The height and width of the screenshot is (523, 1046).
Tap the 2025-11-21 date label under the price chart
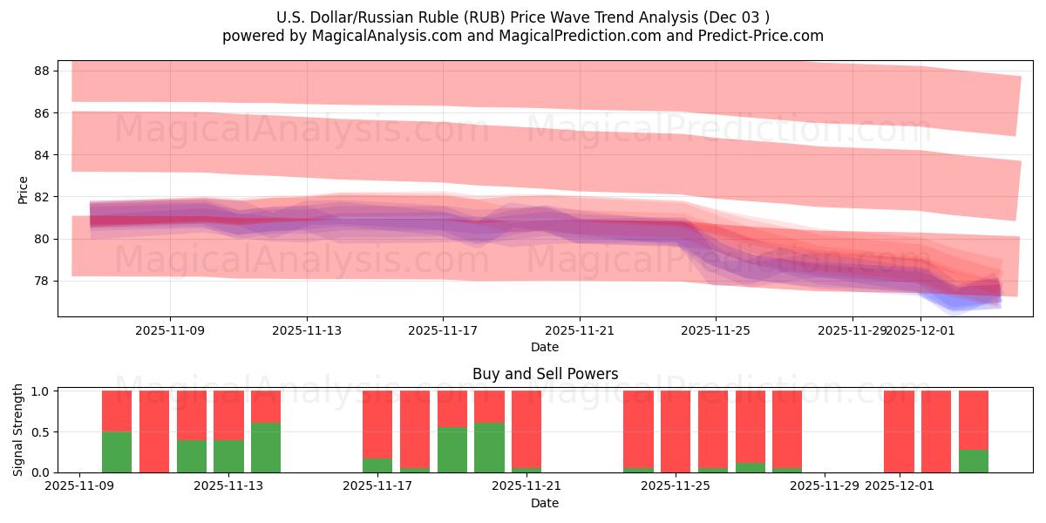(579, 330)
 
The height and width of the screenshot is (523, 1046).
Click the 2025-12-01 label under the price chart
(921, 330)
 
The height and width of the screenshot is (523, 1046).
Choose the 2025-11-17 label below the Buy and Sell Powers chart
(377, 486)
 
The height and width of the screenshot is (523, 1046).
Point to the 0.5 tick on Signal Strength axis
(41, 432)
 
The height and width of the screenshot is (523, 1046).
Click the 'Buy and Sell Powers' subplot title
(545, 374)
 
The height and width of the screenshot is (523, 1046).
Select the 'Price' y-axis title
(23, 189)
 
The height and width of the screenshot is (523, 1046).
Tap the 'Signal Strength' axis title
(18, 429)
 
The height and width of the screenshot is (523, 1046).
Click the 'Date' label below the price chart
(545, 347)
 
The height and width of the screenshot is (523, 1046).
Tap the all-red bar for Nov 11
(154, 431)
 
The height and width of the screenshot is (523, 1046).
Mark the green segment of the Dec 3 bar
(974, 461)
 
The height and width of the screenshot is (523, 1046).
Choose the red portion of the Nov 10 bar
(117, 411)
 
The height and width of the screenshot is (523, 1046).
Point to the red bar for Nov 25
(676, 431)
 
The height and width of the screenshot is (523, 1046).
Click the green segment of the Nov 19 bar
(452, 450)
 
